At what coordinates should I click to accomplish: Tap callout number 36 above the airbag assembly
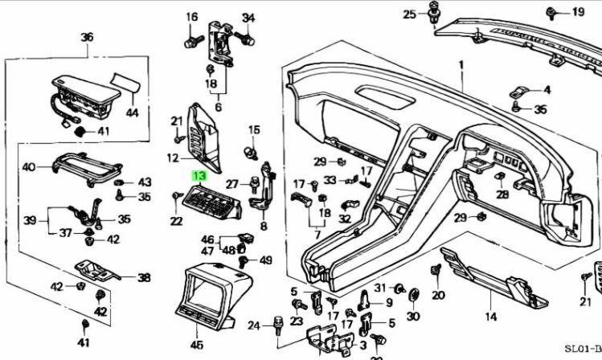point(87,37)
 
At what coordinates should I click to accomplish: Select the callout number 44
point(131,113)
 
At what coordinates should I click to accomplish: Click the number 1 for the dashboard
point(461,64)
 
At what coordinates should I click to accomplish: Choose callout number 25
point(409,14)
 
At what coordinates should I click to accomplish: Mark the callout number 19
point(579,11)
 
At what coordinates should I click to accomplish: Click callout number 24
point(254,325)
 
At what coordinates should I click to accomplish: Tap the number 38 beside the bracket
point(143,278)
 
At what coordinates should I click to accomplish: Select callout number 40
point(28,167)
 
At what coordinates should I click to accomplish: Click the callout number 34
point(248,18)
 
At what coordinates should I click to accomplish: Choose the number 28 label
point(502,194)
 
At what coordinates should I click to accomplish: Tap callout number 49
point(266,260)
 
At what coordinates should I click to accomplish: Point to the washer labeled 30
point(414,297)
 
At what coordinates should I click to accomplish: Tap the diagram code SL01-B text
point(581,349)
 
